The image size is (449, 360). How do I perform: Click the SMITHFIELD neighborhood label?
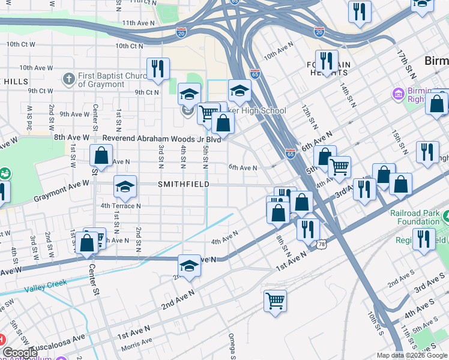point(183,184)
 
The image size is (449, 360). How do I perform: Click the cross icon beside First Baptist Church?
point(69,79)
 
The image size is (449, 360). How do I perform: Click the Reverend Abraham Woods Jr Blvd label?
point(162,139)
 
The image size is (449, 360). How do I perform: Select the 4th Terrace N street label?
point(121,205)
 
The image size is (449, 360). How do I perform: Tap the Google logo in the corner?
point(19,353)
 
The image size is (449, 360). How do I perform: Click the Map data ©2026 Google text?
point(412,355)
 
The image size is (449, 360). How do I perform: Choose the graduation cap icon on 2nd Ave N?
point(189,266)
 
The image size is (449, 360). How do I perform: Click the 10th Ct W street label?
point(21,45)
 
